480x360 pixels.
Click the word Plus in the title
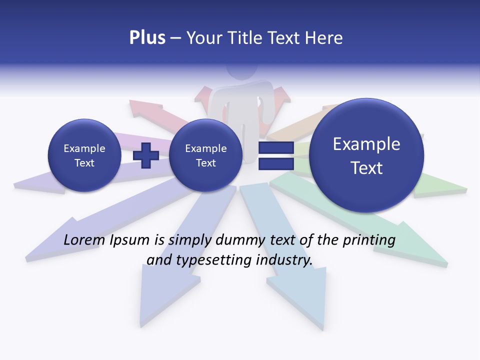(147, 38)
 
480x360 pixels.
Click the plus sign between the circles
(145, 155)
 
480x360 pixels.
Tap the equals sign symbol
(275, 155)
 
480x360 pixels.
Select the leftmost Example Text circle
(84, 155)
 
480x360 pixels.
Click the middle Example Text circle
(205, 155)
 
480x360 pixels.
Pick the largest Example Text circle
(366, 155)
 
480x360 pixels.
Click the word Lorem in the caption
(83, 240)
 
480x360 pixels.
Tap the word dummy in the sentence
(243, 240)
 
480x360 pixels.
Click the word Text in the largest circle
(366, 168)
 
